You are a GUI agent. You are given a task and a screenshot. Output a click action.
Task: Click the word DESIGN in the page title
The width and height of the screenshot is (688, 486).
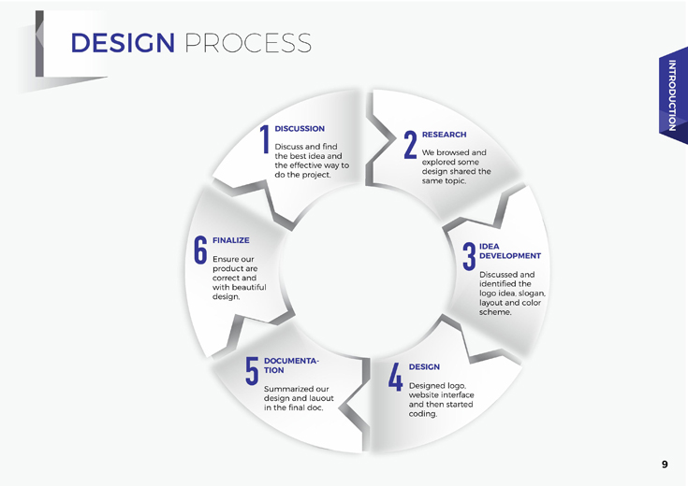tap(123, 43)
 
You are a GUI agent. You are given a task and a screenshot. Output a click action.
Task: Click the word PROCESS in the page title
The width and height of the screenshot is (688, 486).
tap(248, 43)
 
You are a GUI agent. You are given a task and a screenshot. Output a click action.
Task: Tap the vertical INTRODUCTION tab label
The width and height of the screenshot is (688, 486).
tap(672, 95)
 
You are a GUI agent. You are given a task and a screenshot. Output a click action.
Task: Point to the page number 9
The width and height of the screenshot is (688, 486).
tap(665, 465)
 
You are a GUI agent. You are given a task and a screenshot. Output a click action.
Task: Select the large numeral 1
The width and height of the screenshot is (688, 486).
tap(265, 139)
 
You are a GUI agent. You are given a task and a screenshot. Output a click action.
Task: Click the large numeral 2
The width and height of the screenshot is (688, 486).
tap(410, 145)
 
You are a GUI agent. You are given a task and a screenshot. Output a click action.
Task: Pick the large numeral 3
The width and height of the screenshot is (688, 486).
tap(469, 256)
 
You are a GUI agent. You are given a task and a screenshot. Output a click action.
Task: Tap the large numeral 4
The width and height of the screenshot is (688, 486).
tap(395, 377)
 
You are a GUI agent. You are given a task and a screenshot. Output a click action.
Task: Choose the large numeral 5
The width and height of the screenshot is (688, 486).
tap(252, 371)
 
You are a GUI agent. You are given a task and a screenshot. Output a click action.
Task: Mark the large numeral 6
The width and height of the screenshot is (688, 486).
tap(200, 250)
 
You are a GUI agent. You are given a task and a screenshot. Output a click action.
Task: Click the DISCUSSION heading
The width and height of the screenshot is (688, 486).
tap(300, 129)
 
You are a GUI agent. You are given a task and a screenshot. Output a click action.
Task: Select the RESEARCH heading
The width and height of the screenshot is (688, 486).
tap(444, 135)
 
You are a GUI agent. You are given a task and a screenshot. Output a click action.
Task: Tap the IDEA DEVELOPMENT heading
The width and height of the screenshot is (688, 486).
tap(510, 251)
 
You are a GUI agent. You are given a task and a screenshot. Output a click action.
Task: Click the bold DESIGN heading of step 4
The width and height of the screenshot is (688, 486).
tap(424, 366)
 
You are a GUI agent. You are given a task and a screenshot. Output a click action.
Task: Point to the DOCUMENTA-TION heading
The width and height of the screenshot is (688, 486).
tap(291, 365)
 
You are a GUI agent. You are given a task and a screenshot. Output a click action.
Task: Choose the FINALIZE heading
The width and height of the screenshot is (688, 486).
tap(231, 240)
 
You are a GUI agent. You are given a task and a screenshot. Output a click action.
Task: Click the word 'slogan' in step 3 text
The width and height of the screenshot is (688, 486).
tap(532, 293)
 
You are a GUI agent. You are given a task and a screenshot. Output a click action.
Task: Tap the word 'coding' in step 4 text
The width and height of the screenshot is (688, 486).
tap(423, 414)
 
